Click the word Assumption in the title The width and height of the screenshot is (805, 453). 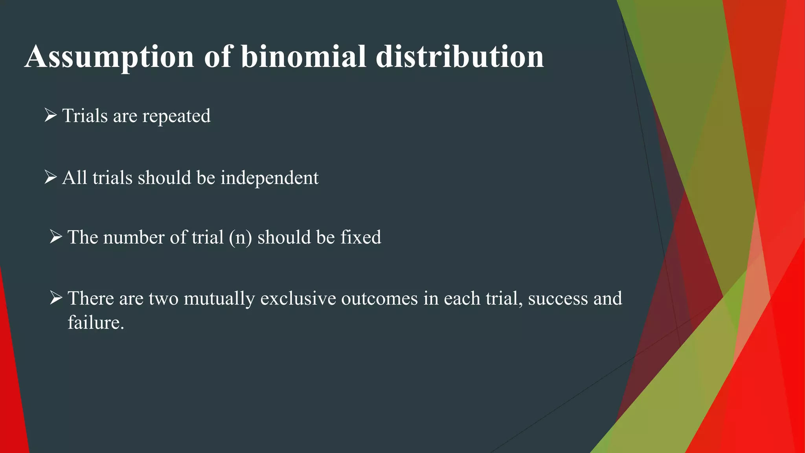(109, 57)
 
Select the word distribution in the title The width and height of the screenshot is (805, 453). (459, 57)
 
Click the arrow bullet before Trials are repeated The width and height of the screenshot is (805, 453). (51, 116)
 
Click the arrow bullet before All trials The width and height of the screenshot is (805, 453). (51, 177)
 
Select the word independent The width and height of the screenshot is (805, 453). (269, 178)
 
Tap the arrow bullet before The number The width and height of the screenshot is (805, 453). (56, 237)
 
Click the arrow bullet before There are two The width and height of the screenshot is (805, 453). (56, 298)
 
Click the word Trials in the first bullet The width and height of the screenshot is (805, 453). (85, 116)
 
